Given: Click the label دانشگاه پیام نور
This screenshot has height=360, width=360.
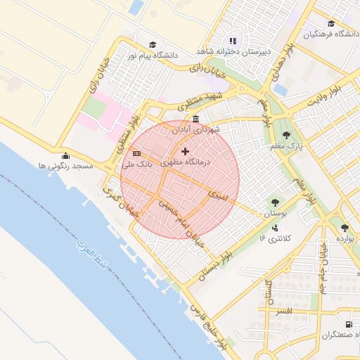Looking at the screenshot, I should [153, 55].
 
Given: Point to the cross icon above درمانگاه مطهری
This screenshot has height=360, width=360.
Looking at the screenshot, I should [185, 151].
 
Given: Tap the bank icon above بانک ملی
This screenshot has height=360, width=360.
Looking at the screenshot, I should [136, 154].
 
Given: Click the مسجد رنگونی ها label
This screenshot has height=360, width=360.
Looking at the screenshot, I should [66, 166].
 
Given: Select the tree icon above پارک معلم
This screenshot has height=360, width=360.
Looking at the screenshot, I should [285, 135].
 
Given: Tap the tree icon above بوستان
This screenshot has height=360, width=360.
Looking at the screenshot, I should [274, 202].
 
